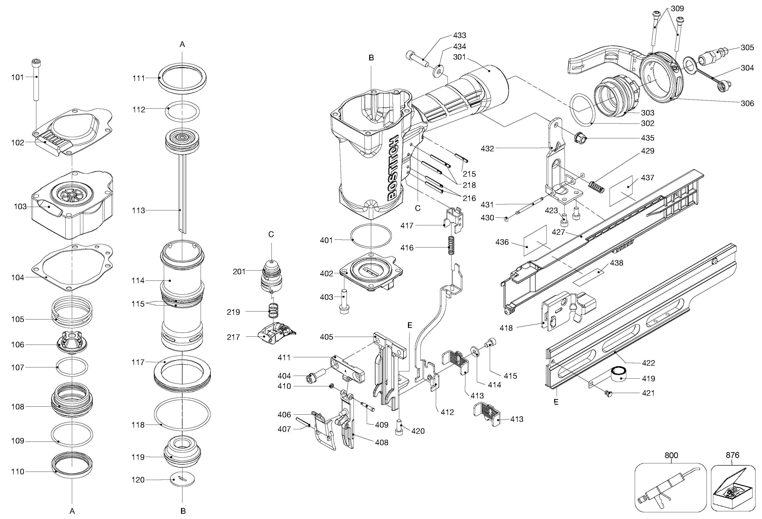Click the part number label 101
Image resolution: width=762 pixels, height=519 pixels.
pyautogui.click(x=17, y=77)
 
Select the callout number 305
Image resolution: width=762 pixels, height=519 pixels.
pyautogui.click(x=747, y=47)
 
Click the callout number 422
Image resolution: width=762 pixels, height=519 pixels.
pyautogui.click(x=648, y=363)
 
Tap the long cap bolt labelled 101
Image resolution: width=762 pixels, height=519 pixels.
pyautogui.click(x=36, y=80)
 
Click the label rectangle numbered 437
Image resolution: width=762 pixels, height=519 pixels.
pyautogui.click(x=621, y=191)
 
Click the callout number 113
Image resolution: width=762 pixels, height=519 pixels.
pyautogui.click(x=138, y=210)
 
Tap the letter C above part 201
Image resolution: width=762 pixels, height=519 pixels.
pyautogui.click(x=271, y=234)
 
